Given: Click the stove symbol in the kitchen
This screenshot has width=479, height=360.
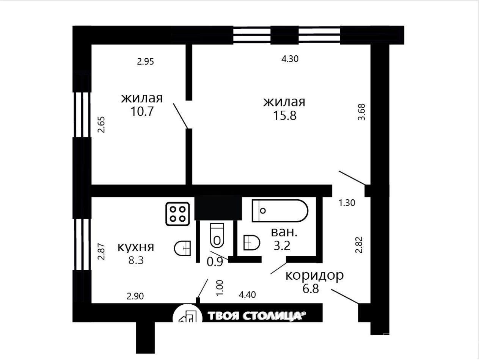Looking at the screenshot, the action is point(177,214).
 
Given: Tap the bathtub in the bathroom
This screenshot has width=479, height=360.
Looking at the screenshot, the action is point(280,211).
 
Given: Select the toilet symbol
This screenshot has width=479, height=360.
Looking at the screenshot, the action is point(217,235).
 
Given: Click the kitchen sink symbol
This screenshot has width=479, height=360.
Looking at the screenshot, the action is point(182,248).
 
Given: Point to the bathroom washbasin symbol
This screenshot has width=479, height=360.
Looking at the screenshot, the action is point(251,243).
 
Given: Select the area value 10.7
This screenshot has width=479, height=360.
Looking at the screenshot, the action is point(142,111).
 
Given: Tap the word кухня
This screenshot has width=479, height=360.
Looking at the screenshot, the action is point(136,247).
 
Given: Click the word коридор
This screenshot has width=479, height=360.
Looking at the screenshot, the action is point(315,275).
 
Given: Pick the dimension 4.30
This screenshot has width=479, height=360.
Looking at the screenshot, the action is point(290,59).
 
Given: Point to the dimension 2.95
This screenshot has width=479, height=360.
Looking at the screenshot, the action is point(146,61).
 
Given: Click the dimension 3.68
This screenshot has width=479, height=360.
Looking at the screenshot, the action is point(361,112).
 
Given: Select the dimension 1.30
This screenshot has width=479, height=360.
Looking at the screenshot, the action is point(347,203).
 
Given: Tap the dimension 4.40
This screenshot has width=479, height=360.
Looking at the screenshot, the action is point(247,295).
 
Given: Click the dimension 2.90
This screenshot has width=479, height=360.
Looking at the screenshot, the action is point(135,296).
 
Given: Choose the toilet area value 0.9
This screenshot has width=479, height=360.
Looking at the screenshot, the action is point(215,262).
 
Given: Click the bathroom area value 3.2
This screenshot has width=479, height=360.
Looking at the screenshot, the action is point(282,246).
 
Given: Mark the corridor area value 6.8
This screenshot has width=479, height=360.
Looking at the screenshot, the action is point(311,288).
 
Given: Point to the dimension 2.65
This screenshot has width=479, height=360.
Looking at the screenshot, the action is point(101,125).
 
